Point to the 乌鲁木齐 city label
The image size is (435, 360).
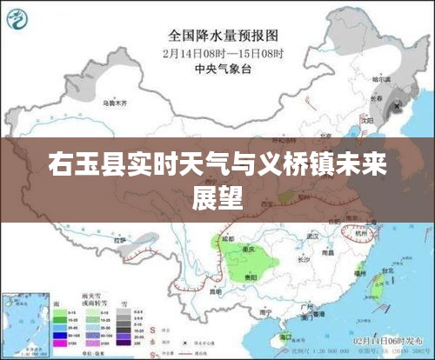(x=114, y=103)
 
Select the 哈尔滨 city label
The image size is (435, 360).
(x=379, y=79)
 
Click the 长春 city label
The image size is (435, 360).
(x=378, y=98)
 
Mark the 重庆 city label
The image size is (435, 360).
(x=249, y=248)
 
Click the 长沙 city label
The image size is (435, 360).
(x=303, y=257)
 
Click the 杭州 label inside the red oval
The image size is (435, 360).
(x=361, y=233)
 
